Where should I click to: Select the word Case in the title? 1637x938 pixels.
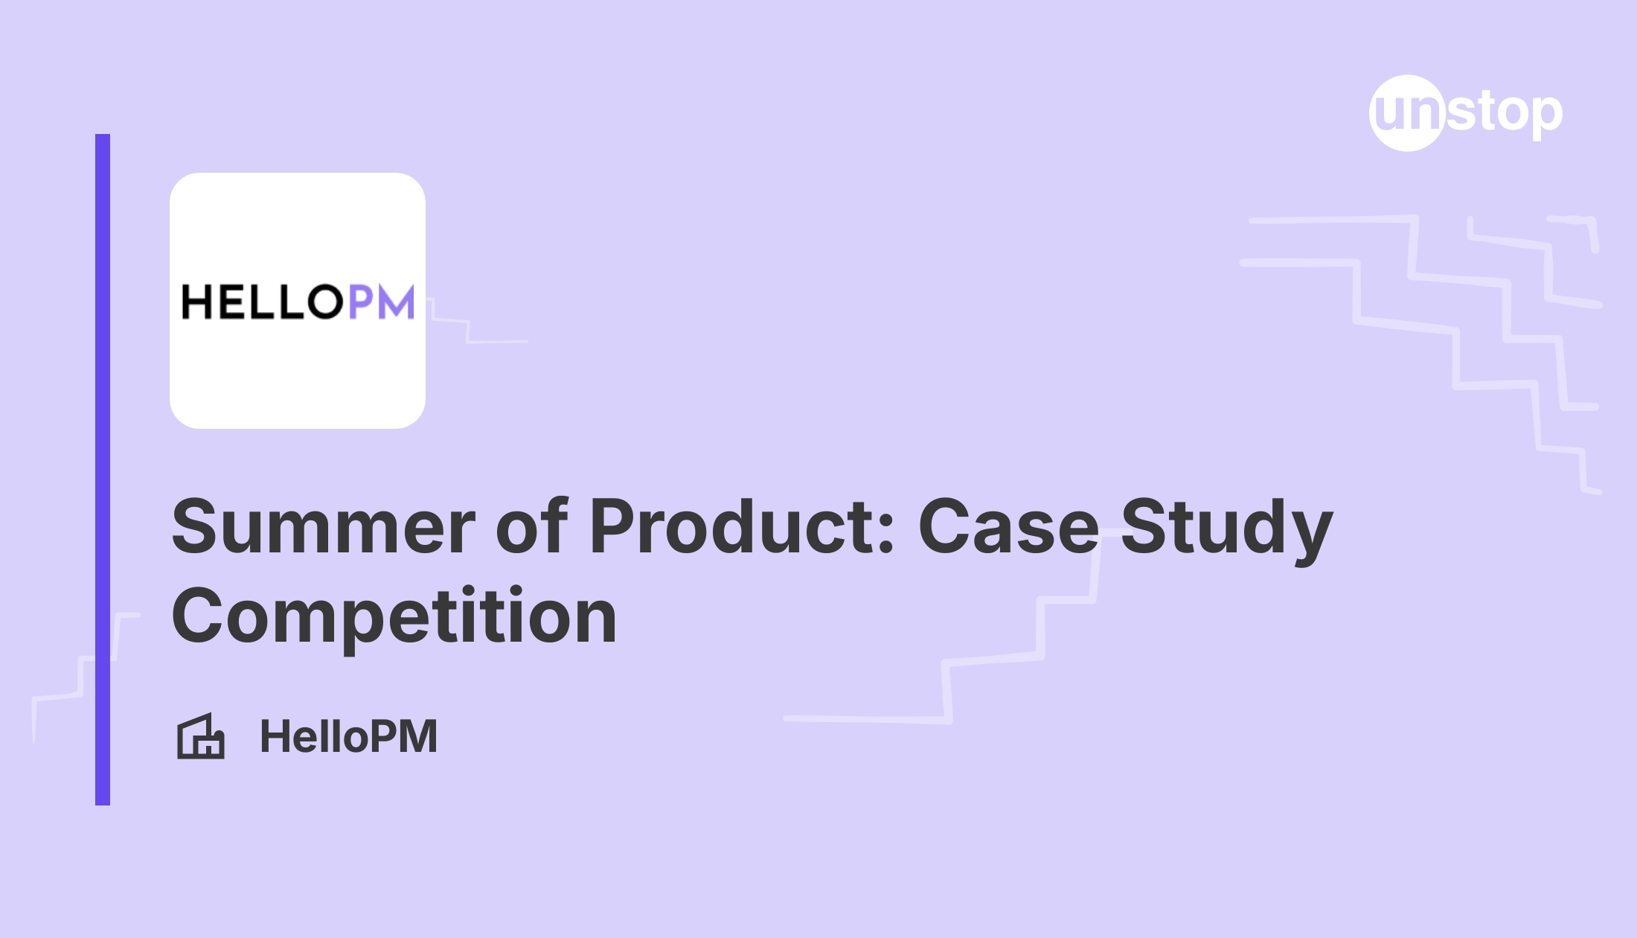(1008, 527)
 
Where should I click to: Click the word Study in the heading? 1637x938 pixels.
(1226, 527)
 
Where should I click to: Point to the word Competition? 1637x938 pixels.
(394, 616)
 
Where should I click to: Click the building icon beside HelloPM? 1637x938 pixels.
(200, 736)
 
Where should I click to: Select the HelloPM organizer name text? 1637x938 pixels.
(348, 736)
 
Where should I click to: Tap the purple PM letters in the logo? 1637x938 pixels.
(381, 302)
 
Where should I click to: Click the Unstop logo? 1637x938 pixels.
(1466, 113)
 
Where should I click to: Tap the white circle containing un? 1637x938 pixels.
(1406, 113)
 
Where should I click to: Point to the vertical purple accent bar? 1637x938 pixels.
(103, 469)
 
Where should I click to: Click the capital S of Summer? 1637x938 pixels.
(195, 527)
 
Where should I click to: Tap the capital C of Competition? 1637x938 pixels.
(196, 616)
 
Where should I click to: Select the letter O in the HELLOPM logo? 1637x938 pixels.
(324, 302)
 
